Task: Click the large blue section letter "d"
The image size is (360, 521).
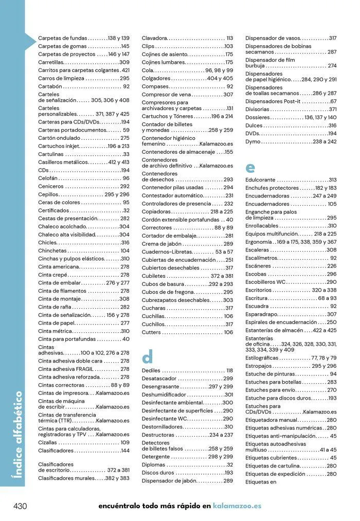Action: (148, 356)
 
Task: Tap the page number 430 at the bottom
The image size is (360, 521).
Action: (20, 506)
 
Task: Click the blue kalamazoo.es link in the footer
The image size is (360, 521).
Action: (237, 506)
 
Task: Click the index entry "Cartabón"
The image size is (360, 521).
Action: (50, 86)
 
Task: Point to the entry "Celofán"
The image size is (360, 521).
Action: (48, 178)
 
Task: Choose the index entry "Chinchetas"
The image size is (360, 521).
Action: (52, 251)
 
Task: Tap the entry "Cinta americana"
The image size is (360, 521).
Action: (59, 267)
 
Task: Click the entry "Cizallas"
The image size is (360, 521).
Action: (48, 442)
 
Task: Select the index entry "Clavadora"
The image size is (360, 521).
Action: (155, 38)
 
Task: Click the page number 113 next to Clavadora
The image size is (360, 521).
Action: (229, 38)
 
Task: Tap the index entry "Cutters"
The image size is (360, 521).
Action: (152, 332)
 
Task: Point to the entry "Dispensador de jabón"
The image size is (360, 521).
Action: (169, 480)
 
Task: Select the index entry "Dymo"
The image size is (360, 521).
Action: (253, 141)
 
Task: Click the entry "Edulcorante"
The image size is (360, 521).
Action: (261, 180)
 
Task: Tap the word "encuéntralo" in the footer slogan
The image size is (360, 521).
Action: (119, 506)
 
